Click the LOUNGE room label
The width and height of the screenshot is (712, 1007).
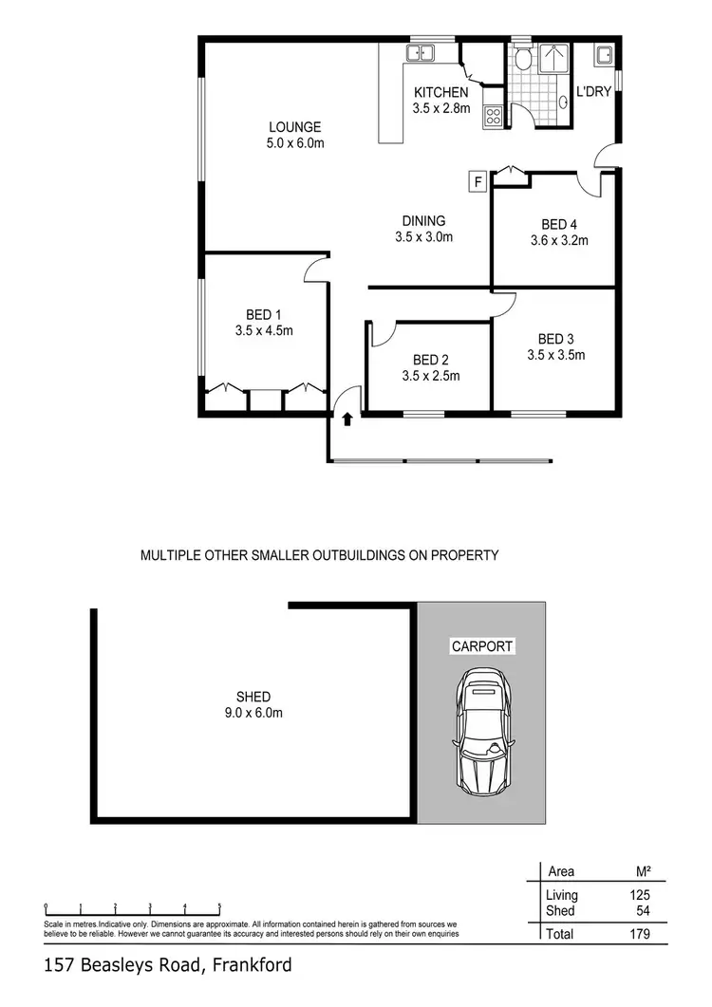click(294, 127)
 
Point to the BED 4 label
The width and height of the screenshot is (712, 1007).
click(558, 225)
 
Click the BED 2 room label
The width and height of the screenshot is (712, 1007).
click(430, 360)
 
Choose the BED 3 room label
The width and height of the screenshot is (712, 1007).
click(555, 339)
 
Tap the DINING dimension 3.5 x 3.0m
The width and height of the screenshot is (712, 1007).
click(423, 237)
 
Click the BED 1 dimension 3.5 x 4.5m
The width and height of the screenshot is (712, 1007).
click(264, 331)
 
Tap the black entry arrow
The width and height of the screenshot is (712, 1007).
click(347, 418)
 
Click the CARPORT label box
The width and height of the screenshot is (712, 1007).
click(482, 646)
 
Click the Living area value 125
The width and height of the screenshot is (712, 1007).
click(639, 895)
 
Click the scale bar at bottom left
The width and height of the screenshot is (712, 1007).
click(133, 906)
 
